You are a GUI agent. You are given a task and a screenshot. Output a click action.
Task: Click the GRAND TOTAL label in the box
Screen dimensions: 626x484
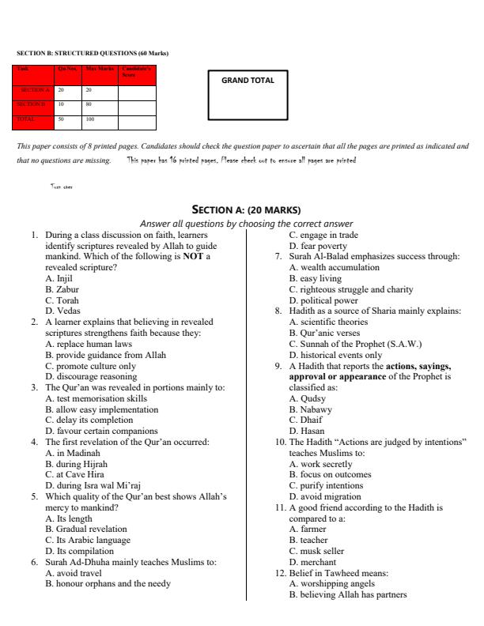pos(248,81)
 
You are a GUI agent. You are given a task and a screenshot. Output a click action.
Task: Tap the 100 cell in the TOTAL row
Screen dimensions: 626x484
pos(90,119)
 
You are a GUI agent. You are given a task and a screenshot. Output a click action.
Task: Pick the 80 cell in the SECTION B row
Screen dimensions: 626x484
pos(89,104)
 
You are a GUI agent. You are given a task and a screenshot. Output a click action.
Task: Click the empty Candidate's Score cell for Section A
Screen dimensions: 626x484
pos(137,91)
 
